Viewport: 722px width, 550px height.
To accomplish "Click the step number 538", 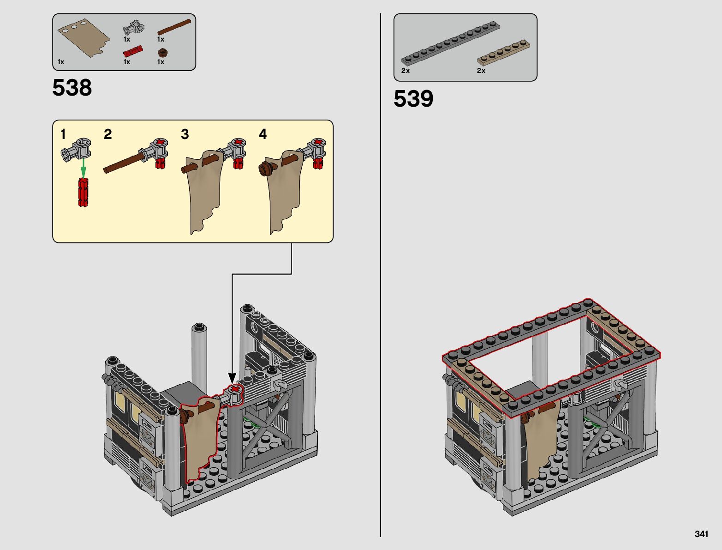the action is (72, 88).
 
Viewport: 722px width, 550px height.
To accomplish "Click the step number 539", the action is (413, 99).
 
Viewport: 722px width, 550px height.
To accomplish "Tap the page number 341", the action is (701, 534).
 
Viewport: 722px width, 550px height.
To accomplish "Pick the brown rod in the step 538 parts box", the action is (174, 27).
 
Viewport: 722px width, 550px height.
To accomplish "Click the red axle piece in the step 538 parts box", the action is (133, 51).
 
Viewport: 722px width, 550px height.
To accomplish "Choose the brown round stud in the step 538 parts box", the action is (161, 53).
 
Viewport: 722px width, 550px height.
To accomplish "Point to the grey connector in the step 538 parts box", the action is (134, 28).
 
